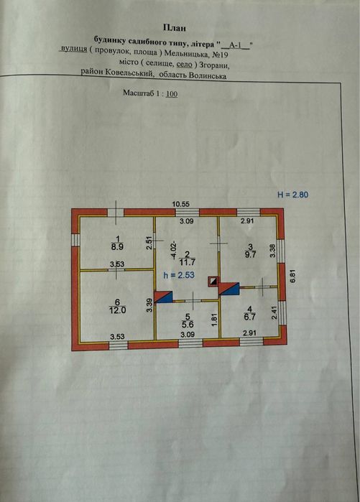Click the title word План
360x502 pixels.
[175, 28]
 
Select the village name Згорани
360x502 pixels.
[214, 65]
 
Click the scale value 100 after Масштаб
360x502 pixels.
[172, 94]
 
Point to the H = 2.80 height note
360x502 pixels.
[292, 195]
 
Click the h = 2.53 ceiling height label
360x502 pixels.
[179, 275]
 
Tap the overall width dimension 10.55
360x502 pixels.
[181, 204]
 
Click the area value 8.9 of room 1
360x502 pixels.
[118, 247]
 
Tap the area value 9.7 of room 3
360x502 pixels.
[251, 254]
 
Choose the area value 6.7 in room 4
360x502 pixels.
[250, 317]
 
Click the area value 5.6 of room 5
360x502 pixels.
[188, 325]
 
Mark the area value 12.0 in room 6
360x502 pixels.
[118, 310]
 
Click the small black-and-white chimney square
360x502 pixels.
[213, 282]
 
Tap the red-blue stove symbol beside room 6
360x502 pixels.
[163, 297]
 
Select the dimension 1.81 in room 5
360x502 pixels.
[215, 319]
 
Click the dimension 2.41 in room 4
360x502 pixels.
[273, 313]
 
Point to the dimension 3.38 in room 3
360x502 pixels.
[272, 251]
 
